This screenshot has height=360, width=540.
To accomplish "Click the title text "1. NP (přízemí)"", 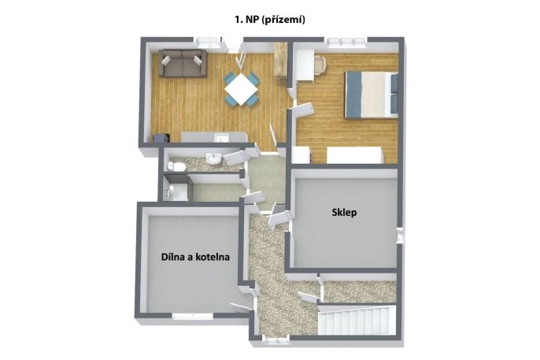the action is pyautogui.click(x=270, y=20).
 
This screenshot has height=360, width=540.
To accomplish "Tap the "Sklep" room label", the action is pyautogui.click(x=344, y=213).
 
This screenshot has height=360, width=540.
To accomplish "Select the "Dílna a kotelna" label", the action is pyautogui.click(x=195, y=257).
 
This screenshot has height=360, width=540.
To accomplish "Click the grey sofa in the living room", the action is pyautogui.click(x=183, y=63).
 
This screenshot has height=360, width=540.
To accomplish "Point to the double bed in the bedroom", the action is pyautogui.click(x=372, y=95).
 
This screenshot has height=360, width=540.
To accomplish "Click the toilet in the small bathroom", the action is pyautogui.click(x=176, y=167).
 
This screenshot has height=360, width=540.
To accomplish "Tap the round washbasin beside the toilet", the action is pyautogui.click(x=213, y=159).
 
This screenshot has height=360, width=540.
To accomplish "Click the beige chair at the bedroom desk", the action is pyautogui.click(x=320, y=65).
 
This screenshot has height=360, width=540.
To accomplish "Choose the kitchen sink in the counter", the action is pyautogui.click(x=221, y=138).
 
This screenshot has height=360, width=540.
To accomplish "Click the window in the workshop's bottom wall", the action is pyautogui.click(x=192, y=316).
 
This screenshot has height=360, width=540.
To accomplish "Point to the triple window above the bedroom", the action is pyautogui.click(x=346, y=42).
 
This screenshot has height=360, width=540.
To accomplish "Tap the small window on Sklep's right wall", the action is pyautogui.click(x=400, y=236).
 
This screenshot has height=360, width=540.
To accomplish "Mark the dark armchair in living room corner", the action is pyautogui.click(x=161, y=138).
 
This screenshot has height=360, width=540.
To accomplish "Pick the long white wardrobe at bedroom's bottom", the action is pyautogui.click(x=354, y=155).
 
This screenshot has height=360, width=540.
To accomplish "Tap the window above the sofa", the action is pyautogui.click(x=209, y=42).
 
